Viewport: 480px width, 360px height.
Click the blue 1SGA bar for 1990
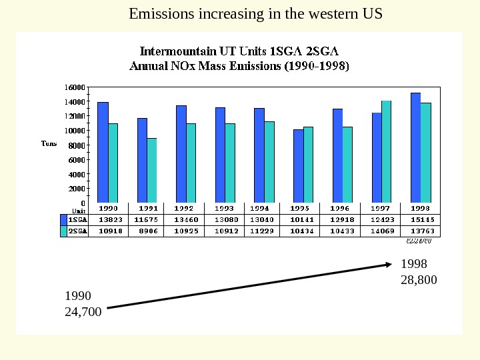[103, 152]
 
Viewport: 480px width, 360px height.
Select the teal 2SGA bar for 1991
[152, 170]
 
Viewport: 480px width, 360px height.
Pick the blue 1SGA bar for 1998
[415, 147]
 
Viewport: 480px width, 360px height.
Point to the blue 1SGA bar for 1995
[298, 166]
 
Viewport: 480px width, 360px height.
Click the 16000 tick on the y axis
[75, 87]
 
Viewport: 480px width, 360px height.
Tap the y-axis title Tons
[49, 143]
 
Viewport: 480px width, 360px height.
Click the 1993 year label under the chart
[225, 208]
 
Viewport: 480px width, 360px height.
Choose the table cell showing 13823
[109, 219]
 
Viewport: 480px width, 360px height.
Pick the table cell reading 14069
[381, 231]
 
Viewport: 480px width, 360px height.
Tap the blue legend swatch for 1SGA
[63, 219]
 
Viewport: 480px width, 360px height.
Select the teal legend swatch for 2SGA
[63, 231]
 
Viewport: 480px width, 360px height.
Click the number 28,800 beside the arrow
[419, 280]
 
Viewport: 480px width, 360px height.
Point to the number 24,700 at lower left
[83, 311]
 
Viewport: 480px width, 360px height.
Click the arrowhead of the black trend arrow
[389, 265]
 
